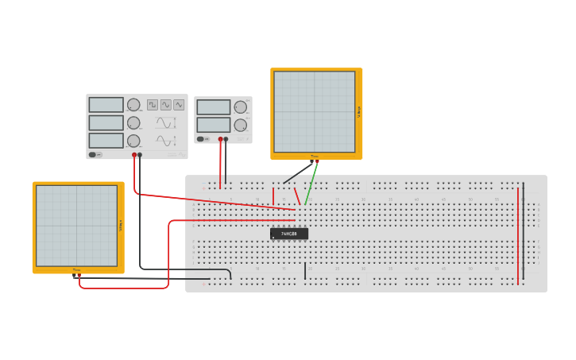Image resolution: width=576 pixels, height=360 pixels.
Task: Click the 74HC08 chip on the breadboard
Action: coord(288,234)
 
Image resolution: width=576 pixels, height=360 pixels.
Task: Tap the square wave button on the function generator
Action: coord(153,104)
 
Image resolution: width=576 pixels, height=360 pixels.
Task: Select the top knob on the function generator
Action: coord(133,105)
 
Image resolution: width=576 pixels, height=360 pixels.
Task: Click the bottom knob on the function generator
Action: coord(133,141)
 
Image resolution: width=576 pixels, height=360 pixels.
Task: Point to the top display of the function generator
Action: coord(106,105)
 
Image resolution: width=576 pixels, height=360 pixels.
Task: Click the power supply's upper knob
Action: coord(240,107)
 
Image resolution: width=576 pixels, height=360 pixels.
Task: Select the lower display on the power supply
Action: coord(213,125)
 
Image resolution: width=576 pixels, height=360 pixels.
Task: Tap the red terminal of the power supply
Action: coord(220,139)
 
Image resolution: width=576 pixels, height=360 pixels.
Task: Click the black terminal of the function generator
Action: coord(140,155)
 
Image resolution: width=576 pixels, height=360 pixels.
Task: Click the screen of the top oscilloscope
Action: coord(315,111)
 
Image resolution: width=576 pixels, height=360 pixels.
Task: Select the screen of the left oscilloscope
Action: coord(76,226)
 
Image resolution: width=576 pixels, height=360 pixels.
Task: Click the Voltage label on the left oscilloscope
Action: coord(120,226)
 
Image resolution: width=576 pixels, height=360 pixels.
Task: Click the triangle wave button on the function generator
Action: coord(179,104)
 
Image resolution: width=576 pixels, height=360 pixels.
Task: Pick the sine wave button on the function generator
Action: coord(166,104)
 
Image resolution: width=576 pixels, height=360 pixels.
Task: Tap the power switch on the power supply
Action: coord(201,139)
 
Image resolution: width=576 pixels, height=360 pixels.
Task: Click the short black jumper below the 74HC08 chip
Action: coord(305,271)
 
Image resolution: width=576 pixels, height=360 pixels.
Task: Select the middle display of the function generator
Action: coord(106,122)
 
